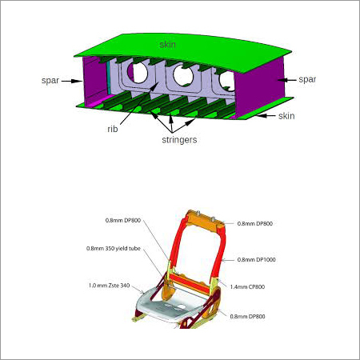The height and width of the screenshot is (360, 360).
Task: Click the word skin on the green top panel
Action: (168, 44)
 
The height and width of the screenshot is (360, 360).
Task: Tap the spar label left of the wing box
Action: (50, 81)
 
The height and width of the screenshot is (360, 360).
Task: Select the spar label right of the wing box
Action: (307, 79)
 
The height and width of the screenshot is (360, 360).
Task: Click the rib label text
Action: (113, 129)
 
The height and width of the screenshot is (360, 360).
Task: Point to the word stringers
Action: (179, 140)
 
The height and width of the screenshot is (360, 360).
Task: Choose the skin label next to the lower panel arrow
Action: (286, 116)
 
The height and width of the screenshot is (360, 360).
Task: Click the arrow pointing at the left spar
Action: (72, 81)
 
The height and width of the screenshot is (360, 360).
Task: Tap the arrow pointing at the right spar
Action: (287, 80)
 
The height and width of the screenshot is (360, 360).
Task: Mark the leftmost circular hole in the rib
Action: (138, 72)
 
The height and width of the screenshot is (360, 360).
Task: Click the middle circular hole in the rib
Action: (183, 76)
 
